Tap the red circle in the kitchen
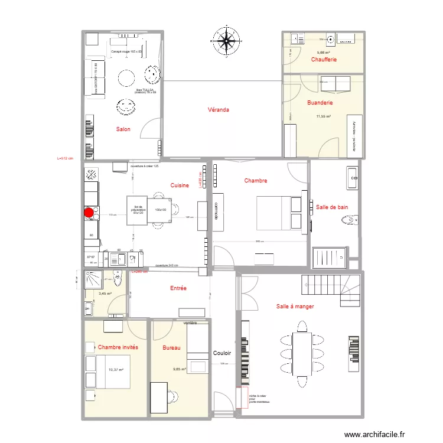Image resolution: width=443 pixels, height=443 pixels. point(89,213)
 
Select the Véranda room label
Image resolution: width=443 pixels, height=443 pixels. point(218,110)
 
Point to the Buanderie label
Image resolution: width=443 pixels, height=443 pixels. point(320,102)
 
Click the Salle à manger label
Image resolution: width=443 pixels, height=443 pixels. point(295,307)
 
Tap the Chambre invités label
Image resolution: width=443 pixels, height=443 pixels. point(118,347)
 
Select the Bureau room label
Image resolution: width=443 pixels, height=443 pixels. point(172,348)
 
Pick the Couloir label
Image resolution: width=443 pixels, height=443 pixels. point(223,353)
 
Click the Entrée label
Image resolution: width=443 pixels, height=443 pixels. point(178,288)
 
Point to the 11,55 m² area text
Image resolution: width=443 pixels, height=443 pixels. point(323,116)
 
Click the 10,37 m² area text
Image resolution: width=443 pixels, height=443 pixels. point(116,370)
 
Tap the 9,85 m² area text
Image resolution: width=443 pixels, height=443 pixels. point(180,370)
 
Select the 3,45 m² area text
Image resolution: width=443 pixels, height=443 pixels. point(105,294)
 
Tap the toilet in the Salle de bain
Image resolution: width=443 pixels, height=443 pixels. point(348,221)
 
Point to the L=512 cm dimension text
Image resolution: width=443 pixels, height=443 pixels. point(64,158)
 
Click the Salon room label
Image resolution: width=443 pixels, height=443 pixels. point(123,129)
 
